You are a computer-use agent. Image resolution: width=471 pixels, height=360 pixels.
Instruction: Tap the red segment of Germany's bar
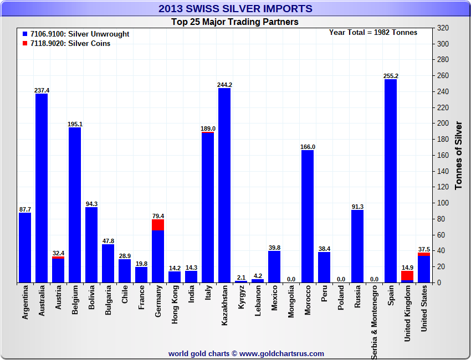pyautogui.click(x=158, y=225)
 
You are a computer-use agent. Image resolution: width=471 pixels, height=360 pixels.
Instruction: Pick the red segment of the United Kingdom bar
pyautogui.click(x=407, y=275)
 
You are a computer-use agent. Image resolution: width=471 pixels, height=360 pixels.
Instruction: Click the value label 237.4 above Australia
pyautogui.click(x=42, y=90)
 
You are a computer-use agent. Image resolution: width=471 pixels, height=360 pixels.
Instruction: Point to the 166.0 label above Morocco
pyautogui.click(x=308, y=147)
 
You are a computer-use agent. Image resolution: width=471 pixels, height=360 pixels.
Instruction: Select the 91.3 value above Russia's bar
pyautogui.click(x=357, y=207)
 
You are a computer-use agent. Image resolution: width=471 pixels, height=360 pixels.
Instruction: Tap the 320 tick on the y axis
pyautogui.click(x=443, y=28)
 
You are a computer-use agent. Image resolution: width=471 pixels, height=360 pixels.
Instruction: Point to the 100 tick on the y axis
pyautogui.click(x=443, y=203)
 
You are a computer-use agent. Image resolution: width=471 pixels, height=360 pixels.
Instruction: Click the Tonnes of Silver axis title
pyautogui.click(x=458, y=155)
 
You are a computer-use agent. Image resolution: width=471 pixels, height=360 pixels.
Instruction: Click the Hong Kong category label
pyautogui.click(x=175, y=305)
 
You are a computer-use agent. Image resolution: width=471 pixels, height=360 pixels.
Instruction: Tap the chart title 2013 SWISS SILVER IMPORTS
pyautogui.click(x=235, y=8)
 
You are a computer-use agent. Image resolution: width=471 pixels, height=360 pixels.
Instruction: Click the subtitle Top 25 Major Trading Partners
pyautogui.click(x=235, y=22)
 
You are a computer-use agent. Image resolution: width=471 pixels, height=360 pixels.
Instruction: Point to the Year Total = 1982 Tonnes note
pyautogui.click(x=373, y=32)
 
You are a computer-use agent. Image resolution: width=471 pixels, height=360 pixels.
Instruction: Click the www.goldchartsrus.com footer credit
pyautogui.click(x=246, y=353)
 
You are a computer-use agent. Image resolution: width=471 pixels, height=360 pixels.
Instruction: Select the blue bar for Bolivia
pyautogui.click(x=91, y=245)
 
